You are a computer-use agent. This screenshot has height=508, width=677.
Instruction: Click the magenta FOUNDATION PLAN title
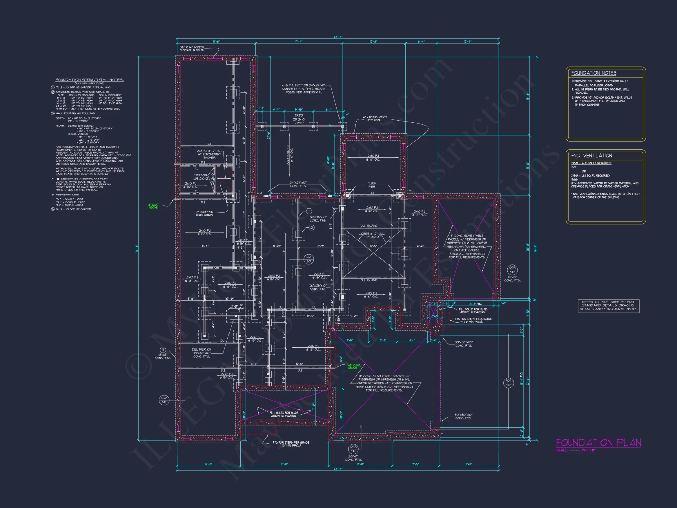coord(598,443)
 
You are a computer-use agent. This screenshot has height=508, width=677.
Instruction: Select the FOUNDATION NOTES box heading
coord(594,73)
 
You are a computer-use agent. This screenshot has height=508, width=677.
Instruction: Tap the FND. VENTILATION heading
coord(591,156)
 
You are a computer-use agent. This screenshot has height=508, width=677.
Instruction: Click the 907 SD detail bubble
coord(508,383)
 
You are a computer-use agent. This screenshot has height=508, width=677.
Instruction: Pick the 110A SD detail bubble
coord(164,400)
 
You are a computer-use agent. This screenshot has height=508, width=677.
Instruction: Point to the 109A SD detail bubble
coord(353,449)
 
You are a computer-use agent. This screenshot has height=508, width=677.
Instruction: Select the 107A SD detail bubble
coord(512,270)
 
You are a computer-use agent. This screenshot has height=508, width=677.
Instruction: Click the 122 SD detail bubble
coord(309,259)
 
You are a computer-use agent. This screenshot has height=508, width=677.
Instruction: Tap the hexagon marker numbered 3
coord(163,350)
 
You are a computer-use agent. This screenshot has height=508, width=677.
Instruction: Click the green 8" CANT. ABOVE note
coord(153,206)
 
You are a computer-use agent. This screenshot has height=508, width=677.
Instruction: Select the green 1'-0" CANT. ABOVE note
coord(353,366)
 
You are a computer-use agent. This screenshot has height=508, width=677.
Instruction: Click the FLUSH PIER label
coord(372,185)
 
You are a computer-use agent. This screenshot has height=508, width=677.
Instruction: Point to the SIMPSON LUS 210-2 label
coord(201,177)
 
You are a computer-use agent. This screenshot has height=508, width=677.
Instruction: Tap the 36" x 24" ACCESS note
coord(192,49)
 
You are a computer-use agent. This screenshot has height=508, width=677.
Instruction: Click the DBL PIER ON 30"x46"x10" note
coord(201,353)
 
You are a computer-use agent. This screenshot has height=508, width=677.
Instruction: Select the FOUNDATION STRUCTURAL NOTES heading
coord(89,80)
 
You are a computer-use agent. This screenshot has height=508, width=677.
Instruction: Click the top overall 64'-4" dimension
coord(338,37)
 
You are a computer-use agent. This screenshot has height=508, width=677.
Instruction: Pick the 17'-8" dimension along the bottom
coord(284,464)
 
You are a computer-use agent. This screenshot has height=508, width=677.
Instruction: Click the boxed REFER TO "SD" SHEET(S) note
coord(608,305)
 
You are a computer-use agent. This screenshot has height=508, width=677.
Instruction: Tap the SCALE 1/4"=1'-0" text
coord(575,450)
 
